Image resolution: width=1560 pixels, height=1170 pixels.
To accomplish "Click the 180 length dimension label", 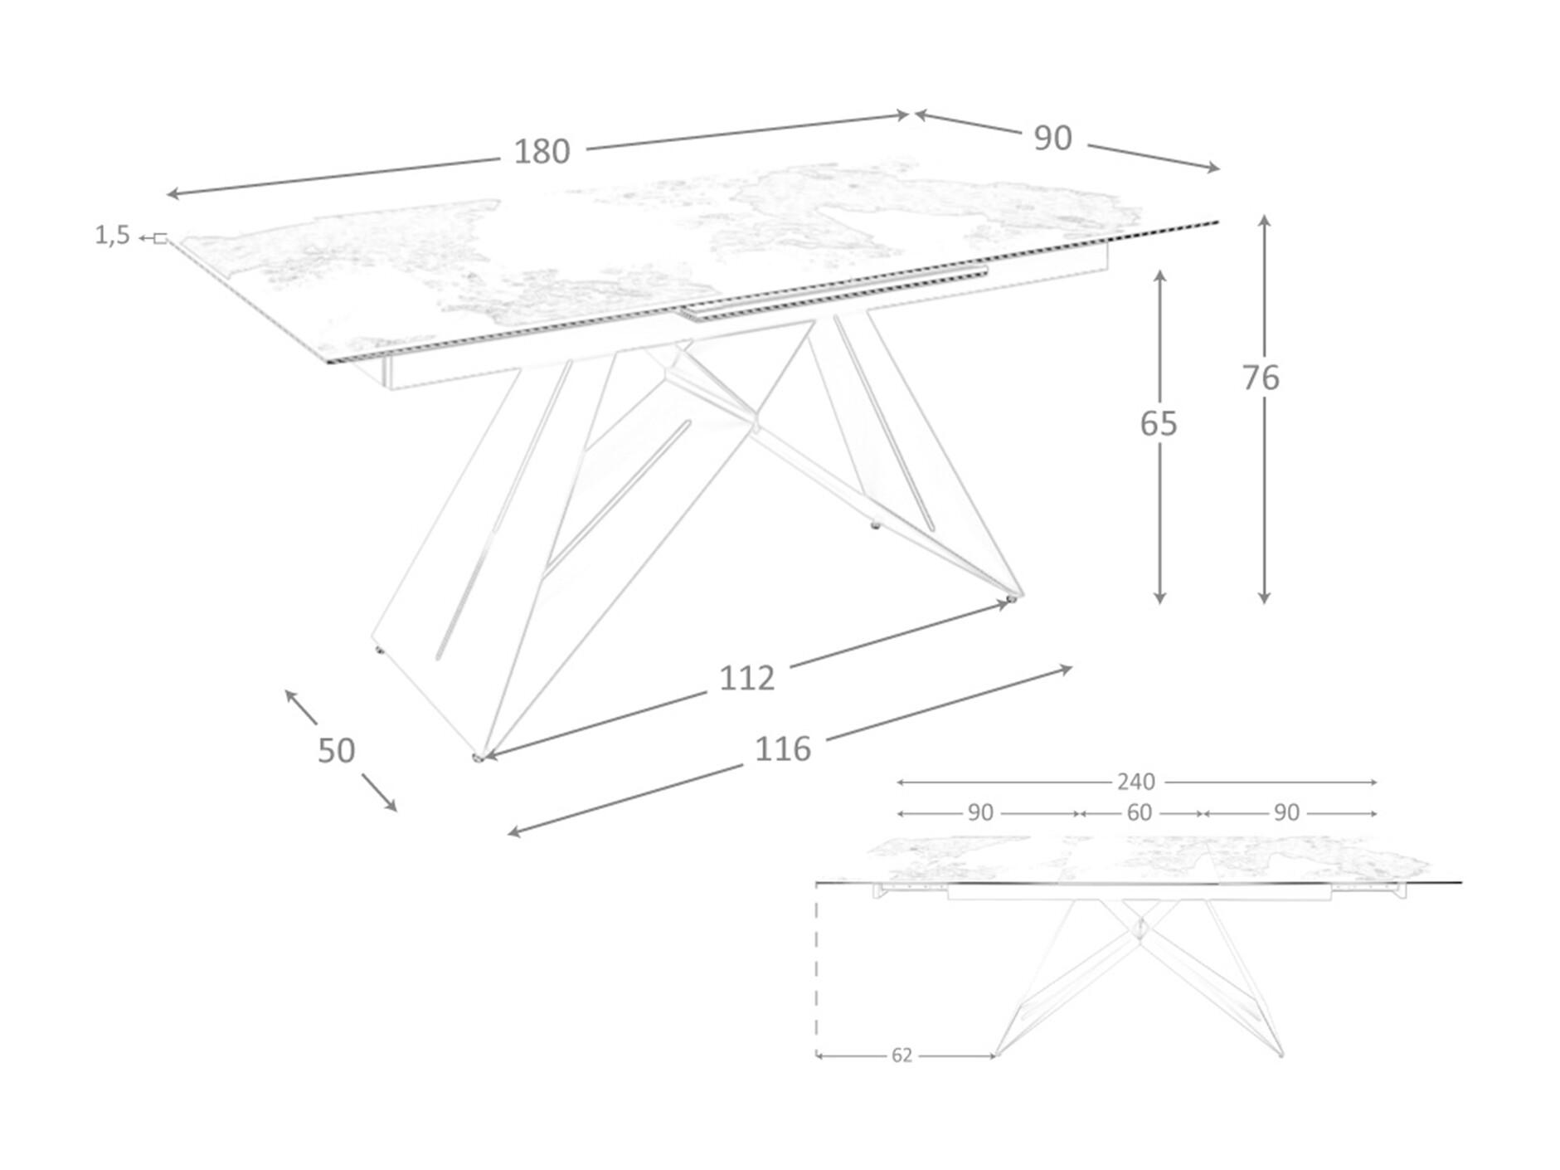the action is [x=542, y=152].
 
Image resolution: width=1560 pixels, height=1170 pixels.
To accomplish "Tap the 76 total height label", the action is [x=1261, y=378].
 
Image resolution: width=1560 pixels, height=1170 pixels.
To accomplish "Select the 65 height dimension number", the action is [x=1159, y=424].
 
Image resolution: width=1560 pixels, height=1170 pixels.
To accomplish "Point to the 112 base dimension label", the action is [x=746, y=679].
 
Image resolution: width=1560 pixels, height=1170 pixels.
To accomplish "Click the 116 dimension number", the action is [x=782, y=750].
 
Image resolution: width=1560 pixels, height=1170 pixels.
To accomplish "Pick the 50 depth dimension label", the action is [x=336, y=751].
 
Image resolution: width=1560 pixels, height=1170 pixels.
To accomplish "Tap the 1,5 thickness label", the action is [x=112, y=236].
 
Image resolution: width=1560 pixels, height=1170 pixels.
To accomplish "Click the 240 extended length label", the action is [x=1135, y=782].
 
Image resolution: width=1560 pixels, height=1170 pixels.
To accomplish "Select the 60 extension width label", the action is [x=1140, y=813].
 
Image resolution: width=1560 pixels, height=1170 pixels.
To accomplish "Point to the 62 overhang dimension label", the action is [x=901, y=1055].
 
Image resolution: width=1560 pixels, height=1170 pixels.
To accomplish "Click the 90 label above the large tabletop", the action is [x=1052, y=139].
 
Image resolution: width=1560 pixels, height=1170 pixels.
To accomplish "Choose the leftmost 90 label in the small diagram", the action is [x=980, y=813].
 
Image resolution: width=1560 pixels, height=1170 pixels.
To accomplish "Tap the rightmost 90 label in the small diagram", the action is [x=1286, y=813].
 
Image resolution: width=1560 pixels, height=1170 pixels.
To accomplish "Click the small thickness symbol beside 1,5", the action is [x=159, y=239].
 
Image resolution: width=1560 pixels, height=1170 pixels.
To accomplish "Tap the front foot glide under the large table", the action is [x=478, y=757].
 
